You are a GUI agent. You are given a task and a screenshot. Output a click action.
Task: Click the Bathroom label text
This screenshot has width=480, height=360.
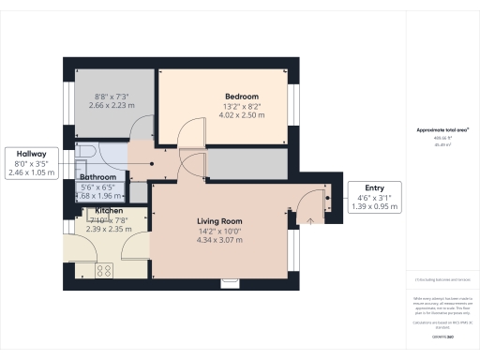(x=97, y=177)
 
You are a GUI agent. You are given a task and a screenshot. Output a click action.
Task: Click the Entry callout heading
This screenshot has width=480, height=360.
(x=373, y=187)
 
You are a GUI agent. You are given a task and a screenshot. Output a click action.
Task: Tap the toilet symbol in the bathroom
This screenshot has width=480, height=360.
(x=85, y=151)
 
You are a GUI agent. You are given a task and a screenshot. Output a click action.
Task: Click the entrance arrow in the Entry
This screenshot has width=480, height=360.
(x=310, y=220)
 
